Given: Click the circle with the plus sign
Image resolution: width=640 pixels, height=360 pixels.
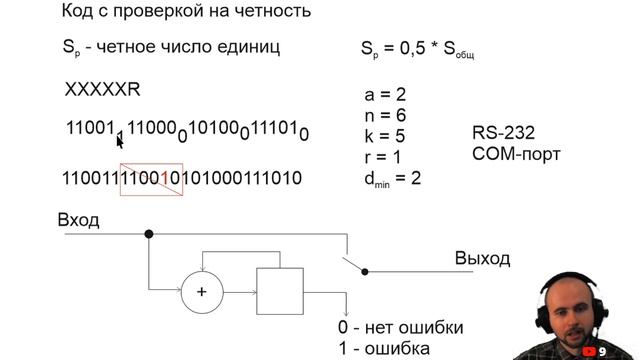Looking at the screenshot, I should (x=202, y=291).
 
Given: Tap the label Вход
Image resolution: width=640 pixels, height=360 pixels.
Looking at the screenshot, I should (x=79, y=220).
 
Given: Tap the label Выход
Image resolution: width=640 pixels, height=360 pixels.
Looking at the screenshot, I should (x=482, y=258).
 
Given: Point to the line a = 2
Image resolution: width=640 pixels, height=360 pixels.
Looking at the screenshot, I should (x=385, y=96).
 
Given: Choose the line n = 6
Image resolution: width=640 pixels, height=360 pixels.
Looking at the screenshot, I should (x=385, y=116).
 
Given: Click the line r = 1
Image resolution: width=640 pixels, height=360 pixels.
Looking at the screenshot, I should (x=384, y=157).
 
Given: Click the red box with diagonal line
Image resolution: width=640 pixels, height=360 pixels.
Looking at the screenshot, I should (x=150, y=178).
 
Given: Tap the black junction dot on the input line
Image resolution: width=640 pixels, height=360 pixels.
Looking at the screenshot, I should (x=149, y=233).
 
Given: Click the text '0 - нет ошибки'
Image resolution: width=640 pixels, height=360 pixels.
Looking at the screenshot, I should (x=400, y=329).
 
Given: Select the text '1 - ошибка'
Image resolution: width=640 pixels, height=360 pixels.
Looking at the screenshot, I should (x=384, y=349).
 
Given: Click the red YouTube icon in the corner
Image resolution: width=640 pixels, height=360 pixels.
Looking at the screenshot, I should (x=589, y=351).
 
